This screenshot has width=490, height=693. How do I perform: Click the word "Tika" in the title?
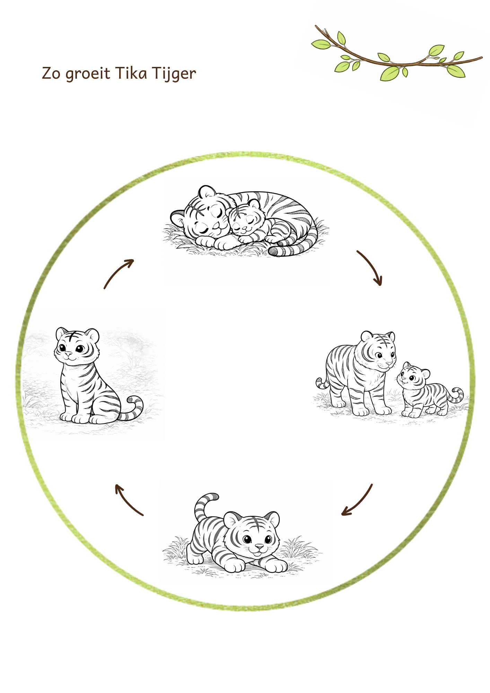pyautogui.click(x=127, y=73)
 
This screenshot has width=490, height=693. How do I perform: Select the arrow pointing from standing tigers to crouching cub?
pyautogui.click(x=360, y=502)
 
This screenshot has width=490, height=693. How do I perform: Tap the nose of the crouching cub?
pyautogui.click(x=259, y=546)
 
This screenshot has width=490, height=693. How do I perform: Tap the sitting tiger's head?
pyautogui.click(x=77, y=345)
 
